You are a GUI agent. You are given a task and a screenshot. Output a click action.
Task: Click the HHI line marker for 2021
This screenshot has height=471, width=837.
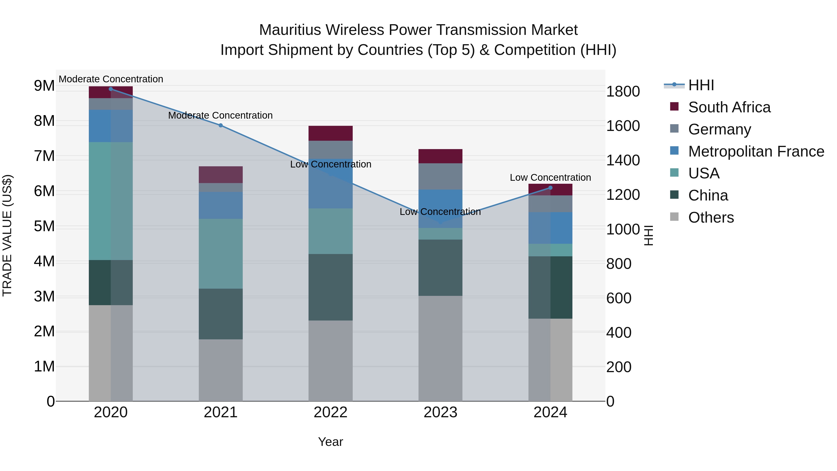coord(221,125)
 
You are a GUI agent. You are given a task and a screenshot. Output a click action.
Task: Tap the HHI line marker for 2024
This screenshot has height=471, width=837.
coord(550,187)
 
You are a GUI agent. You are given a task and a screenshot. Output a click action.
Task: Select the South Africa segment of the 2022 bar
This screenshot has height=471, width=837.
coord(330,133)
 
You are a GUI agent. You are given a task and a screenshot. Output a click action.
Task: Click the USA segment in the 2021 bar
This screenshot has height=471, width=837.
coord(221,254)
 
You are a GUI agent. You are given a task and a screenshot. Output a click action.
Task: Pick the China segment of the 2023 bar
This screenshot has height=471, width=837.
coord(440,267)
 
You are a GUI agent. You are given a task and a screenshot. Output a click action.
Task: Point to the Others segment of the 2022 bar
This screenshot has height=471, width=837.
coord(330,361)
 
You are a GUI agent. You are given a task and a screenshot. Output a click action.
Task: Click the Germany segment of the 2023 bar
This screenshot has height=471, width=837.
coord(440,176)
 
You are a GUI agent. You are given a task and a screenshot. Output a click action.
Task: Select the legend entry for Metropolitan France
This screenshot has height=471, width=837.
coord(756,151)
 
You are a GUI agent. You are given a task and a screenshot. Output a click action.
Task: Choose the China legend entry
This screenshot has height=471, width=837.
coord(708,195)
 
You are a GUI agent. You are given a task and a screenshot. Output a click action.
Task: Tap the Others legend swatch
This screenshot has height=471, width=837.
coord(674,217)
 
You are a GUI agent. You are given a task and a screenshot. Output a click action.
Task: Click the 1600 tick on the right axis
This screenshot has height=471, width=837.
coord(623,126)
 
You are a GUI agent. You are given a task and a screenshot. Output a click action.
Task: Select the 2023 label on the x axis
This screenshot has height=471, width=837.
coord(440,412)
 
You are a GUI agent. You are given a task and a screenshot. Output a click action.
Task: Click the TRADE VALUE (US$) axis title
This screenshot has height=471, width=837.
coord(7,235)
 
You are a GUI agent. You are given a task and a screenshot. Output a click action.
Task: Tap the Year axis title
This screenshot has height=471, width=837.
coord(330,442)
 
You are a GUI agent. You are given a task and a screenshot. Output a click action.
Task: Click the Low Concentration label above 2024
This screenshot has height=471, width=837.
coord(550,177)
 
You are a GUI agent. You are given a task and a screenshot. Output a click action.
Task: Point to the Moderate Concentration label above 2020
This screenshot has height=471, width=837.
coord(111,79)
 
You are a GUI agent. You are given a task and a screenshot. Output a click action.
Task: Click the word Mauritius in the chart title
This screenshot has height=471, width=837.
coord(290,30)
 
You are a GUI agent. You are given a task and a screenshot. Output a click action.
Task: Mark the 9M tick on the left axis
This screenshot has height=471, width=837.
coord(44,86)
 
